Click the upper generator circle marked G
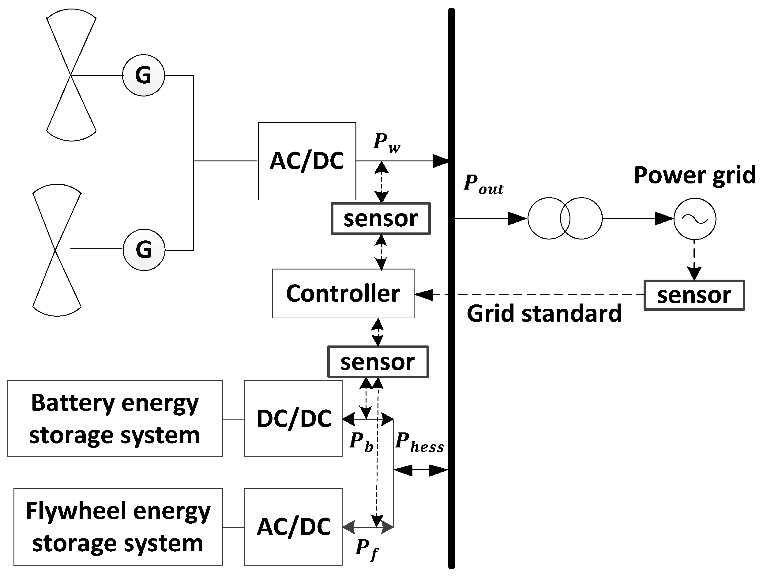[x=144, y=75]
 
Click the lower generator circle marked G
[x=144, y=250]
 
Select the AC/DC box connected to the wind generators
[x=307, y=161]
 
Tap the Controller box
[x=343, y=293]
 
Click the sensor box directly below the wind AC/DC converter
[x=381, y=218]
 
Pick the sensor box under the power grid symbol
[x=694, y=295]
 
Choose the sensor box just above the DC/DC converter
[x=378, y=362]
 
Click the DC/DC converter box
[x=294, y=418]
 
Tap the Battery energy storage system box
[x=115, y=418]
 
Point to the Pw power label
[x=386, y=142]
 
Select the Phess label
[x=419, y=443]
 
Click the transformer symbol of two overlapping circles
[x=565, y=218]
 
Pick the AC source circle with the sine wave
[x=694, y=218]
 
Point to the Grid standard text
[x=544, y=313]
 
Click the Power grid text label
[x=694, y=175]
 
